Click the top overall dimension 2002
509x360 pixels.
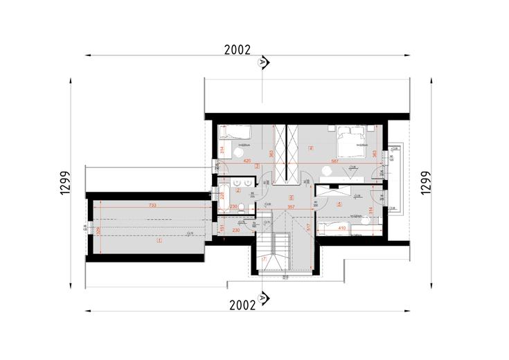237,50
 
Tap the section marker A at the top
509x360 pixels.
262,64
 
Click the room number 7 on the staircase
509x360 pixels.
264,259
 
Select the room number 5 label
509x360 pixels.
338,204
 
